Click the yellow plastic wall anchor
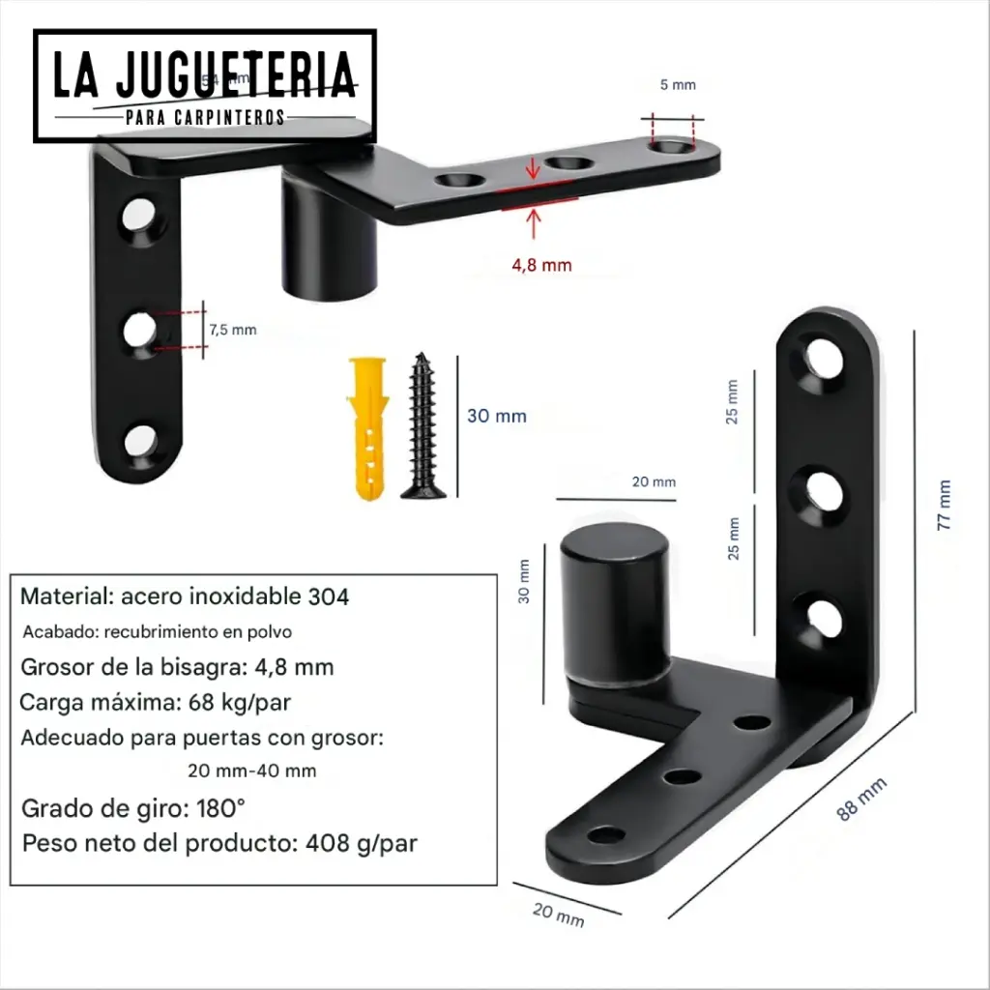coord(369,425)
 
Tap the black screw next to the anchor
coord(422,425)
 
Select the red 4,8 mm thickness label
coord(542,264)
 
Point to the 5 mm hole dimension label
coord(677,85)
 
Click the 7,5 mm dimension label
coord(233,330)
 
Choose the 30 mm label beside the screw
coord(496,416)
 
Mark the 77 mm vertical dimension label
coord(945,505)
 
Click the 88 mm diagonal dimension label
coord(860,801)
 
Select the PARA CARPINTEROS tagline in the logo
coord(205,117)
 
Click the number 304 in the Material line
coord(329,597)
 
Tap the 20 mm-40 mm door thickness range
coord(251,772)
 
